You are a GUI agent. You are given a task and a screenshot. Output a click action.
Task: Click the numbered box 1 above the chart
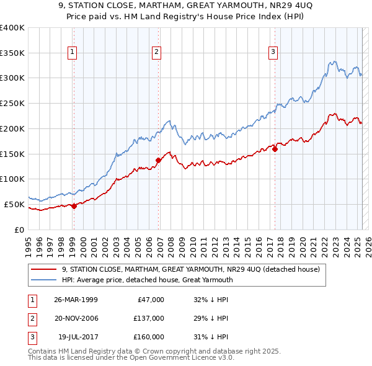click(x=73, y=52)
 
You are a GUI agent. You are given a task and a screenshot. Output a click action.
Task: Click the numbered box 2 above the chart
click(x=157, y=52)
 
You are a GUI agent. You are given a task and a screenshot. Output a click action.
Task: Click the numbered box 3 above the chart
click(x=273, y=52)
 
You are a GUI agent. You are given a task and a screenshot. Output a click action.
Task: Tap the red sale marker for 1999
click(x=74, y=206)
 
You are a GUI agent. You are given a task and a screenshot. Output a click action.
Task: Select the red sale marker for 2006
click(x=158, y=160)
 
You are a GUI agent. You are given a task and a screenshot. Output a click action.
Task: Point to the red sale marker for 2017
click(x=275, y=148)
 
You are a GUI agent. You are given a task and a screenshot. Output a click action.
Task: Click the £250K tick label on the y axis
click(x=12, y=103)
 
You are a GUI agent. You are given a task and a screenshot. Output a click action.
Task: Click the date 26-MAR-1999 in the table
click(x=76, y=300)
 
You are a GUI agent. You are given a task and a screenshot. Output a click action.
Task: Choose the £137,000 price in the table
click(x=149, y=318)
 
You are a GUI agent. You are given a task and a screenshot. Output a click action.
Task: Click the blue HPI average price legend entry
click(x=147, y=280)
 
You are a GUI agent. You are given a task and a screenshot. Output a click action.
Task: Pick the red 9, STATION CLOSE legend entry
click(x=191, y=269)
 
